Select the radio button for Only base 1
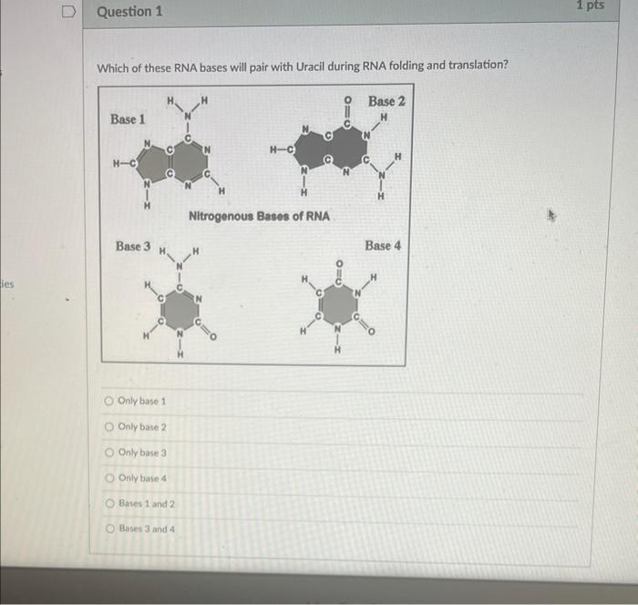pos(109,401)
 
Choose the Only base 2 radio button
pos(109,426)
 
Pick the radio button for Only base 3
pos(109,452)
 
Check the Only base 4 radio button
pos(109,477)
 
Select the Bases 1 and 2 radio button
pos(109,503)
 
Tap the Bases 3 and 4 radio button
pos(109,528)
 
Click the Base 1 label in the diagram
pos(128,119)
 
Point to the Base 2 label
pos(386,101)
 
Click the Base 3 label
pos(134,246)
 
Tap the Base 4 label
pos(383,246)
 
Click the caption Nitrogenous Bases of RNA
pos(259,217)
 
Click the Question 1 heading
pos(129,12)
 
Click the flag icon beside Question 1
pos(68,12)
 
